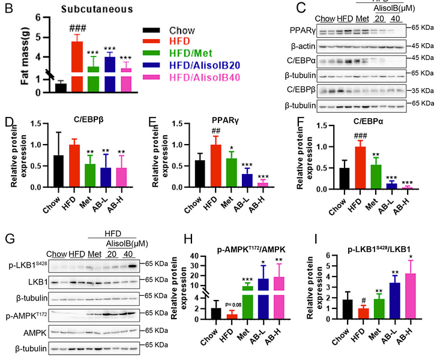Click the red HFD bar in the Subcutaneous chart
tap(76, 66)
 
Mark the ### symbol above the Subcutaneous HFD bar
tap(76, 28)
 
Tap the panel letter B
tap(8, 8)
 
